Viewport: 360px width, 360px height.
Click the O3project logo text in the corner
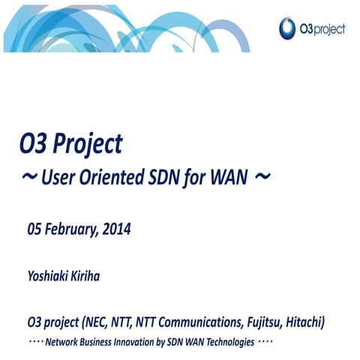[x=323, y=29]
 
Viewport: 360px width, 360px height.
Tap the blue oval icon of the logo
[x=287, y=28]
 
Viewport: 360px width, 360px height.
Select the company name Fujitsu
[x=262, y=323]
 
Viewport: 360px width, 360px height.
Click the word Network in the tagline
[x=63, y=342]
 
